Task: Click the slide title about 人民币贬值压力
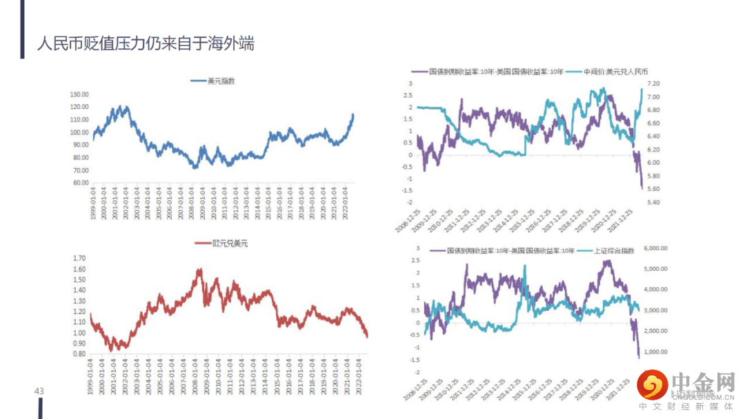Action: (x=146, y=43)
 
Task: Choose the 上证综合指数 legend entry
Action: (x=613, y=251)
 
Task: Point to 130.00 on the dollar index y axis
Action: (x=79, y=94)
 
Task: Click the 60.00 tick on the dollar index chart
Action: (x=81, y=183)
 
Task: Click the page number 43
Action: (x=39, y=391)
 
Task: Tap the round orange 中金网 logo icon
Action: (x=652, y=385)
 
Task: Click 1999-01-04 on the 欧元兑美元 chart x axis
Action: (x=92, y=377)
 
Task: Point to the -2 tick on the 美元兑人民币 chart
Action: (x=410, y=203)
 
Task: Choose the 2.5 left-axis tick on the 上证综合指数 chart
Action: (x=415, y=260)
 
